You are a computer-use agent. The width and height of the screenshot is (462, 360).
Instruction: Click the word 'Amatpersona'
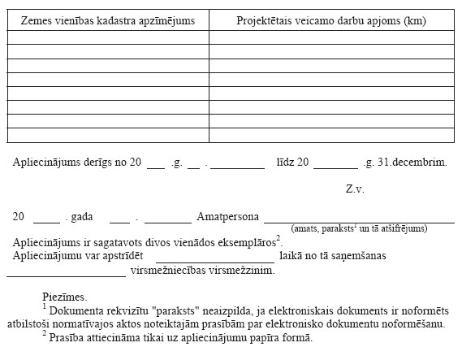[x=228, y=218]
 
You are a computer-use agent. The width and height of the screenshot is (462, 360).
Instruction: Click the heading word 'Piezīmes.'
[x=64, y=297]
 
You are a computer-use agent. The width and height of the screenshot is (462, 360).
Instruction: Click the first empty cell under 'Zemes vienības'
[x=108, y=37]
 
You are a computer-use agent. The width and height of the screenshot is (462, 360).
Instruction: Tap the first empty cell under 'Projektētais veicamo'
[x=331, y=37]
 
